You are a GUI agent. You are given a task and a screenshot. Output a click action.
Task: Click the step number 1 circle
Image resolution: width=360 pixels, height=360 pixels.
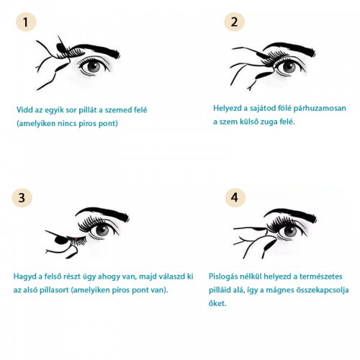pos(26,22)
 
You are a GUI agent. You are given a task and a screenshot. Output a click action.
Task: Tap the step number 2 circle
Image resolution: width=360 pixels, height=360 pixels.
pos(235,22)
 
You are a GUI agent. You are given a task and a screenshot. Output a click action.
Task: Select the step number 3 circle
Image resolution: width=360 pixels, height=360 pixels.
pos(22,198)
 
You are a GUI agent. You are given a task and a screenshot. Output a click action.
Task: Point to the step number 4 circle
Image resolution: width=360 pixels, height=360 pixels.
pos(235,197)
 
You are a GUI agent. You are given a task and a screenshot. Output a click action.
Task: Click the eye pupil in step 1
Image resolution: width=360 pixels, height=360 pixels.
pos(94,66)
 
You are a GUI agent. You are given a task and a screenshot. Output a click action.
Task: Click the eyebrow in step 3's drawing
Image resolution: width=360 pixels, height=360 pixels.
pos(103,213)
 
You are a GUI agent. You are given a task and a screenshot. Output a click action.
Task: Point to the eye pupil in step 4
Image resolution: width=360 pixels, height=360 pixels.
pos(290,232)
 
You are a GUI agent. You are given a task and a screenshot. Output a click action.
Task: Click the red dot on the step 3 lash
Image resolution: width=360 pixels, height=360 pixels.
pos(76,238)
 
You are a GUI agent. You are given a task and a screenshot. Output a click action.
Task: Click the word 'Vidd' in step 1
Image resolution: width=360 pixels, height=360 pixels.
pos(25,110)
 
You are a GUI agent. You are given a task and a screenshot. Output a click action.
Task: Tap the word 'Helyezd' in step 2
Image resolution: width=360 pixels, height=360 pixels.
pos(228,108)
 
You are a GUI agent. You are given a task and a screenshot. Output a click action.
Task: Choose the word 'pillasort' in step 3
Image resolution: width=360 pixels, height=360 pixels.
pos(54,290)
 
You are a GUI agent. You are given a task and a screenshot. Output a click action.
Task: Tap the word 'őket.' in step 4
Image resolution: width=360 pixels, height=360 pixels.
pos(217,303)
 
